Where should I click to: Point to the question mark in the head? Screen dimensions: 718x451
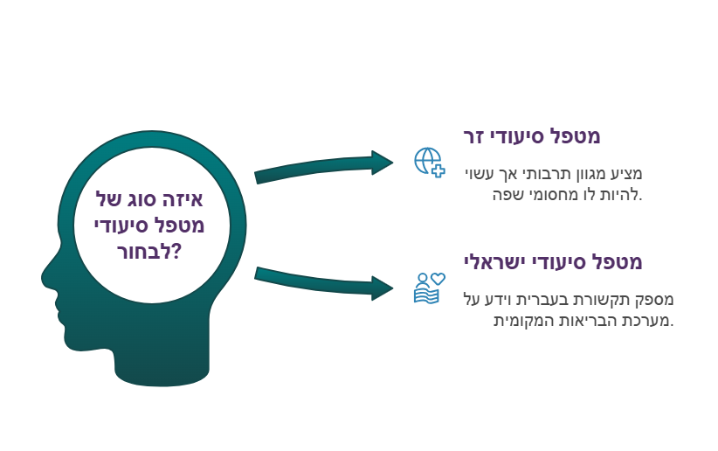point(176,252)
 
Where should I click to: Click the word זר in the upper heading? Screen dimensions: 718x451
point(473,136)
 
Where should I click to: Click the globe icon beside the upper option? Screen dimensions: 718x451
point(428,161)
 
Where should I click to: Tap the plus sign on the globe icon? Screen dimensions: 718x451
point(438,171)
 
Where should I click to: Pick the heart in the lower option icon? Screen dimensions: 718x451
point(438,278)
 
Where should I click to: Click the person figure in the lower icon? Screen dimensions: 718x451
point(423,280)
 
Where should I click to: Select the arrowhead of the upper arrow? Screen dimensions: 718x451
point(383,163)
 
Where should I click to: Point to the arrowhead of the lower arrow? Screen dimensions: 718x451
point(383,288)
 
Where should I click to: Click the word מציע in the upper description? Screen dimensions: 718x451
point(630,174)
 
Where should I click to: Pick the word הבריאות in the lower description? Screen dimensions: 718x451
point(573,321)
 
